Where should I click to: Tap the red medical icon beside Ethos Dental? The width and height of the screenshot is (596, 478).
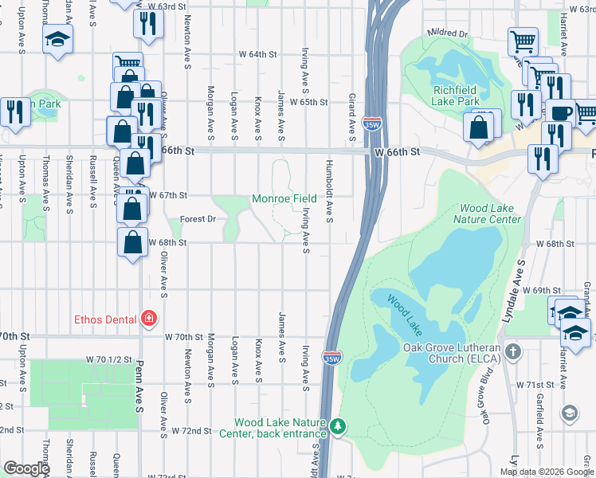[x=147, y=319]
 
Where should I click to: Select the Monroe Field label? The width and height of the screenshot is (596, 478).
[x=284, y=198]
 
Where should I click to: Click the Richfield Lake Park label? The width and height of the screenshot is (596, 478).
[x=456, y=96]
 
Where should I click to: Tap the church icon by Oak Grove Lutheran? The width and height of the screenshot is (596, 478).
[x=513, y=351]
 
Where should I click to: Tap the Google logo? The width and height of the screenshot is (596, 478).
[x=26, y=468]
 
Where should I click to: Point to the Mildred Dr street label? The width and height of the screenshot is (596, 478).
[x=447, y=34]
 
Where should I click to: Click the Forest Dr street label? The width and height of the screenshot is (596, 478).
[x=198, y=218]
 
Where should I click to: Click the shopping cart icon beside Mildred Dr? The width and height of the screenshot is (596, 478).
[x=523, y=40]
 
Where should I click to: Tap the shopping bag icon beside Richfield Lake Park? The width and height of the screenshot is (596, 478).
[x=478, y=127]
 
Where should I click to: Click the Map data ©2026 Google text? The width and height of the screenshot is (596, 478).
[x=546, y=472]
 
